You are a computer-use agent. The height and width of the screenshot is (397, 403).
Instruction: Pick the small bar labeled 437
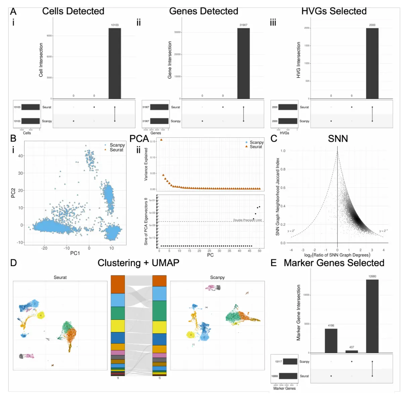pos(352,352)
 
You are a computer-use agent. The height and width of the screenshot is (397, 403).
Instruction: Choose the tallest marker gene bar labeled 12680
pos(372,316)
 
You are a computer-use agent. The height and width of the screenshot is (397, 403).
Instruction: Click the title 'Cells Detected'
pos(73,11)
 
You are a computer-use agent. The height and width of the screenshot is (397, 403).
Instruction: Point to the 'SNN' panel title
pos(338,139)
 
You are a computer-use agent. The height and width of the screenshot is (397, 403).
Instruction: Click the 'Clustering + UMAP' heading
pos(138,263)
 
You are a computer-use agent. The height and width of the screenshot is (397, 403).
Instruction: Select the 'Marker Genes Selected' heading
pos(334,263)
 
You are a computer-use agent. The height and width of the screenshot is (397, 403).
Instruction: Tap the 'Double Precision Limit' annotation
pos(248,220)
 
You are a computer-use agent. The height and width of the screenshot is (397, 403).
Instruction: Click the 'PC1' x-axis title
pos(75,253)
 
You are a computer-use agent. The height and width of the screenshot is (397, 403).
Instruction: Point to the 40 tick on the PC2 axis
pos(20,156)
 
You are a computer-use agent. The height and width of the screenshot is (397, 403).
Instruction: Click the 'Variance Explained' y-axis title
pos(146,164)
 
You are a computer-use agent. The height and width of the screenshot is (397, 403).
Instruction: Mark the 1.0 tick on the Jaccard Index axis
pos(283,151)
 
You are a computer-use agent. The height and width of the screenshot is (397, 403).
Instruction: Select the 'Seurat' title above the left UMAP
pos(60,277)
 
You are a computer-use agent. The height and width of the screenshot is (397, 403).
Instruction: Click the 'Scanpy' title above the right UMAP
pos(217,277)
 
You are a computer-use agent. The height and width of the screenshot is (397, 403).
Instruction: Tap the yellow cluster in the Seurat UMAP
pos(41,316)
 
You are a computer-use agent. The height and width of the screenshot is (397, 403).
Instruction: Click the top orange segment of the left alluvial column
pos(118,284)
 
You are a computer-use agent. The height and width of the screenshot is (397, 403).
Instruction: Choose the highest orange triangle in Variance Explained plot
pos(161,140)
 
